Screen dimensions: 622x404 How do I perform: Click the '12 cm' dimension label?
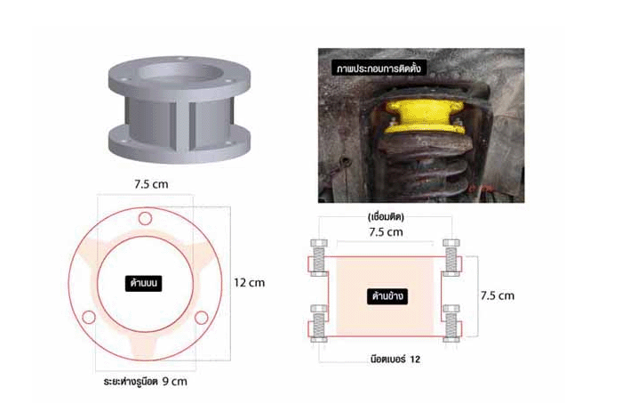pyautogui.click(x=249, y=283)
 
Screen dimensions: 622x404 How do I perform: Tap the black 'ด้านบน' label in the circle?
pyautogui.click(x=144, y=283)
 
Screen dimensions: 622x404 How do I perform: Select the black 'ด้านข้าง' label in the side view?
pyautogui.click(x=387, y=296)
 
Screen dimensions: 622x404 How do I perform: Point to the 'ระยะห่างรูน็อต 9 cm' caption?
pyautogui.click(x=145, y=382)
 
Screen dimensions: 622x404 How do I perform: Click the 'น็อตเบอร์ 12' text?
pyautogui.click(x=395, y=360)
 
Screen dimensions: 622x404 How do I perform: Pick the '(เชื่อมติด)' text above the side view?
pyautogui.click(x=386, y=217)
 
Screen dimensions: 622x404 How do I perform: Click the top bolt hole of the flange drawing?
pyautogui.click(x=145, y=218)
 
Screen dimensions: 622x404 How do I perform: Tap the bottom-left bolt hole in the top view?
pyautogui.click(x=89, y=317)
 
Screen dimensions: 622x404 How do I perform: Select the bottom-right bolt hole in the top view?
pyautogui.click(x=201, y=318)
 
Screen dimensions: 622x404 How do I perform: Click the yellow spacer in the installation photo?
pyautogui.click(x=424, y=117)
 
